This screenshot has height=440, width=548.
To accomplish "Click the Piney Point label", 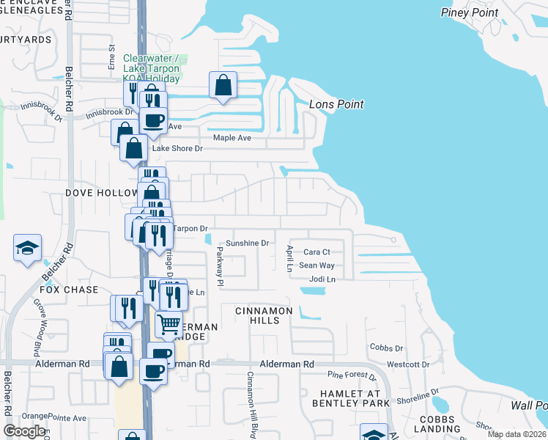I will point(470,12).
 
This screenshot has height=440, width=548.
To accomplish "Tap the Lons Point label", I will point(336,104).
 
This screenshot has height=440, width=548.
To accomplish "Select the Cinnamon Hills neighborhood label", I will point(264,311).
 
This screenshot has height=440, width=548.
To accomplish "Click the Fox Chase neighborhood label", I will point(69,290).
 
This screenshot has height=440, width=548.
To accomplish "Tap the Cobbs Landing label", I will point(440,423).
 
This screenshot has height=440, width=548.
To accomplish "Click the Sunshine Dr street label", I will point(247,243).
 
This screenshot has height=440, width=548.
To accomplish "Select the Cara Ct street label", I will point(317,252).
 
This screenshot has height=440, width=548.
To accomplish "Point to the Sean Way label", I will point(316,265).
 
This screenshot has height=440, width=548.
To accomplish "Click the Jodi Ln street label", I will point(322,279).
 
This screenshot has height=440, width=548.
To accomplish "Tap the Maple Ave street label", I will point(232,138).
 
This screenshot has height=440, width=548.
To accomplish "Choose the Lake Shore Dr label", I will point(176,148).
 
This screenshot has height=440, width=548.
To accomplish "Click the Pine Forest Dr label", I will point(352,375).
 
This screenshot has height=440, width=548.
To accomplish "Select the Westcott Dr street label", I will point(407,364).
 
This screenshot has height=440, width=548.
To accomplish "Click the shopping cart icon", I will point(169,323).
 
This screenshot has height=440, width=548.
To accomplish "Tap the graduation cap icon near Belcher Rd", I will point(27,248).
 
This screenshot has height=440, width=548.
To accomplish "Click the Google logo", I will point(24,430).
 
